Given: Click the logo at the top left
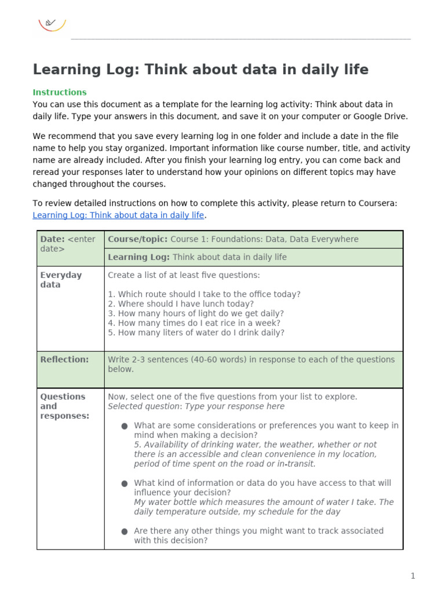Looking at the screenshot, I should pyautogui.click(x=52, y=24).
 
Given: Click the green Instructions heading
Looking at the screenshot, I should pyautogui.click(x=60, y=92).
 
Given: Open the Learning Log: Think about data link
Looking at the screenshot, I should pyautogui.click(x=118, y=215).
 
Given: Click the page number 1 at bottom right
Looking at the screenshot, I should pyautogui.click(x=413, y=576).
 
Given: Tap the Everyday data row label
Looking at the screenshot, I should pyautogui.click(x=61, y=280).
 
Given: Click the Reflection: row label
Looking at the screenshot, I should pyautogui.click(x=64, y=359).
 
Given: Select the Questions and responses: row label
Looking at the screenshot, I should pyautogui.click(x=64, y=406).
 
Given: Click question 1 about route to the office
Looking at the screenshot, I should pyautogui.click(x=204, y=294).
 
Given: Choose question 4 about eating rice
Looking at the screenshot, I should pyautogui.click(x=194, y=323).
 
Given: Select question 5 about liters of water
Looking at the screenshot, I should pyautogui.click(x=196, y=332).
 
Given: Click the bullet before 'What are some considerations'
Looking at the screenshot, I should pyautogui.click(x=125, y=426).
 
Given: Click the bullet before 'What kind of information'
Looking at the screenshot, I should pyautogui.click(x=125, y=483).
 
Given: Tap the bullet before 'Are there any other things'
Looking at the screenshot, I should pyautogui.click(x=125, y=531).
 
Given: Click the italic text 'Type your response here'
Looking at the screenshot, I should pyautogui.click(x=234, y=406).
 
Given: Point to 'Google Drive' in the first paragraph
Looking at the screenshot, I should pyautogui.click(x=381, y=116).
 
